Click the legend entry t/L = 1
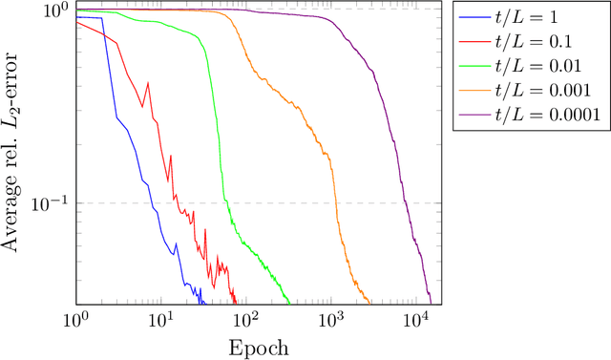[x=540, y=18]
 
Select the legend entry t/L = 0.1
[x=547, y=42]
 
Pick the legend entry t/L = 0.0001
[x=559, y=115]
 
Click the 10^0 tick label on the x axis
[x=75, y=318]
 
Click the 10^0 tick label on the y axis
[x=53, y=12]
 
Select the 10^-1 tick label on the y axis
[x=48, y=203]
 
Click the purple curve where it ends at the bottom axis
[x=432, y=302]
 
